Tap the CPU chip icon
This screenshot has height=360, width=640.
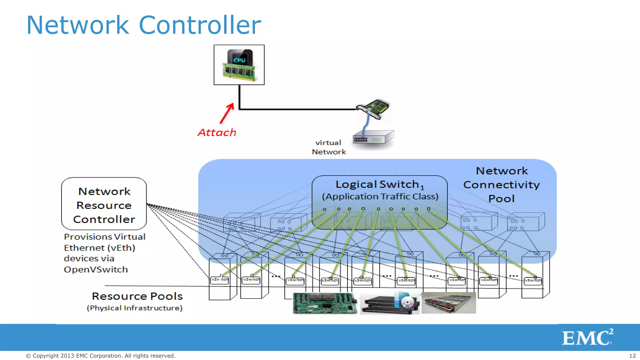click(x=239, y=65)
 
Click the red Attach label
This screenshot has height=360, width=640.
click(x=217, y=132)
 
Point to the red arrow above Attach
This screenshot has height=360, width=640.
click(x=227, y=113)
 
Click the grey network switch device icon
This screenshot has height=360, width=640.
click(x=373, y=137)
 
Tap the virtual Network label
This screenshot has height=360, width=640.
click(x=329, y=147)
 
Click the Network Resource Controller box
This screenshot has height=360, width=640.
click(x=104, y=204)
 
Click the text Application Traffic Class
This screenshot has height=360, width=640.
click(x=380, y=197)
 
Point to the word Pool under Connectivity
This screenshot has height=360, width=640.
click(x=501, y=199)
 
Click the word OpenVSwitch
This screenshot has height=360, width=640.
click(x=96, y=269)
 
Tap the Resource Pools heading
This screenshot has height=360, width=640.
click(x=137, y=296)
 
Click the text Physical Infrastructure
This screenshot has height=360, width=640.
click(x=135, y=308)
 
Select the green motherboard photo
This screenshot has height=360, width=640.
click(x=325, y=303)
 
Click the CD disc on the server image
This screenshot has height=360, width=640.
click(x=407, y=302)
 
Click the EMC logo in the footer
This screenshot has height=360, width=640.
click(x=587, y=337)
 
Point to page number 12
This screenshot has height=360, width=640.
click(x=632, y=356)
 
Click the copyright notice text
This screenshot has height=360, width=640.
click(x=100, y=356)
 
